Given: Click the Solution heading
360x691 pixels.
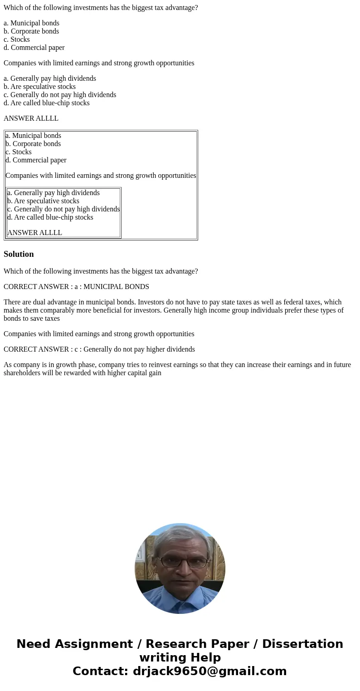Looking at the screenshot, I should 19,254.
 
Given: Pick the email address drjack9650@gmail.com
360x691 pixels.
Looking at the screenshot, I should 209,671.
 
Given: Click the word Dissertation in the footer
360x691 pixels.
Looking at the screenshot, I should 302,644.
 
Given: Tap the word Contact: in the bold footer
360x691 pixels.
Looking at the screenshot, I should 101,671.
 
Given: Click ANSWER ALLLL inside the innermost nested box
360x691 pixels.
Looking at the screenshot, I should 34,233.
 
